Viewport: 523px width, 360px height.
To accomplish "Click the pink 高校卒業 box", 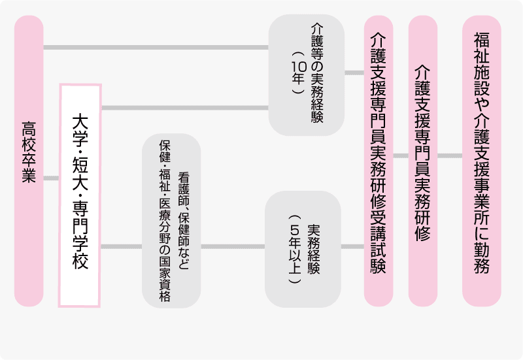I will pyautogui.click(x=29, y=161).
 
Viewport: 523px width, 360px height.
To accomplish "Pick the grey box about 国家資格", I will pyautogui.click(x=171, y=221).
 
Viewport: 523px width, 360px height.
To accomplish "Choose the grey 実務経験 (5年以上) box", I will pyautogui.click(x=303, y=248).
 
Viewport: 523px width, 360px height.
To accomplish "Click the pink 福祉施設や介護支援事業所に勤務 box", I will pyautogui.click(x=482, y=161).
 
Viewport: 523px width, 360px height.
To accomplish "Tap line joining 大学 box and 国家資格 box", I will pyautogui.click(x=122, y=247).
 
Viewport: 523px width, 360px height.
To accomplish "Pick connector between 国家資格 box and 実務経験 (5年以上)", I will pyautogui.click(x=232, y=247).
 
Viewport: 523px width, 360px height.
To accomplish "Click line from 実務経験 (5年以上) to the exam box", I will pyautogui.click(x=352, y=247).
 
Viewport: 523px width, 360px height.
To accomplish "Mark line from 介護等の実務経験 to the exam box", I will pyautogui.click(x=354, y=71).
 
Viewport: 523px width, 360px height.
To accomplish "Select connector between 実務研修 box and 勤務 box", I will pyautogui.click(x=449, y=156).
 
